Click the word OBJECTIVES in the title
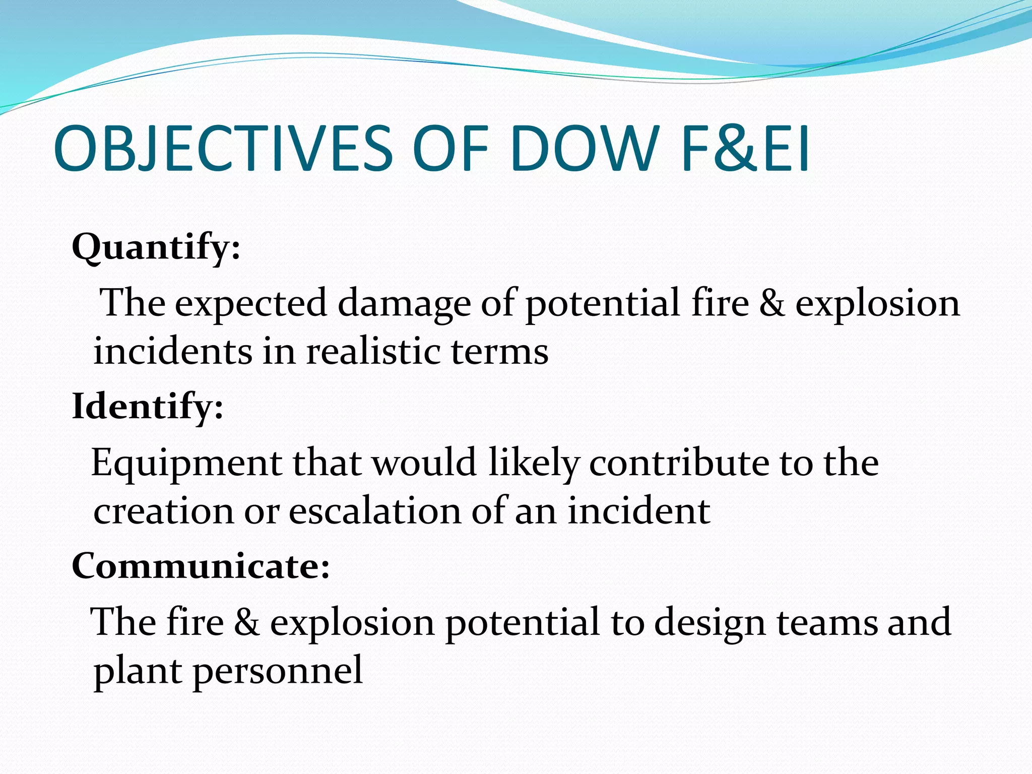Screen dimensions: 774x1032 (222, 148)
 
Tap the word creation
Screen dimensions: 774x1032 (164, 511)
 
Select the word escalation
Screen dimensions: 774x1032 (375, 511)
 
